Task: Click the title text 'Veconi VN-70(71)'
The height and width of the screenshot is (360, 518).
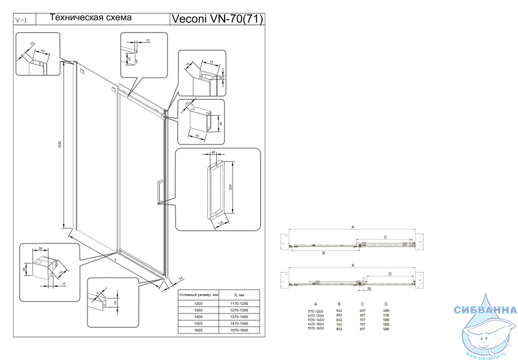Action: pos(216,19)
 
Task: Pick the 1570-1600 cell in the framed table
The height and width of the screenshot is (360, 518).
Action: pos(240,330)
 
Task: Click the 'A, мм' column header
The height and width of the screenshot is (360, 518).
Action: pos(240,295)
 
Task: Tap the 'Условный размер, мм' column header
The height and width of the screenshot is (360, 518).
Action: pos(200,295)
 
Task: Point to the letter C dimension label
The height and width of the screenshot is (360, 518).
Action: pos(385,237)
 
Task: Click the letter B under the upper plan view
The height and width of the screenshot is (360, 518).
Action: pos(323,253)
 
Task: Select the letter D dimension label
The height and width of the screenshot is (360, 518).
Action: pos(389,274)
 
